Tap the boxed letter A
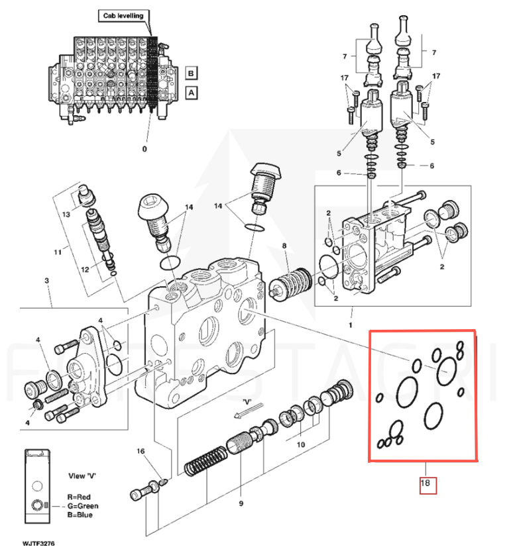(x=191, y=93)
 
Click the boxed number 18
(x=425, y=484)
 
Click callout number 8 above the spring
(x=284, y=246)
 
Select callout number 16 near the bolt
(x=140, y=452)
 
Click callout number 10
(x=300, y=446)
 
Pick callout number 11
(x=58, y=252)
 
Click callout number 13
(x=66, y=216)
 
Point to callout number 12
(x=84, y=269)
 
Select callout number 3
(x=47, y=281)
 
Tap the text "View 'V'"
(x=82, y=476)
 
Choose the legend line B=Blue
(x=80, y=515)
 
